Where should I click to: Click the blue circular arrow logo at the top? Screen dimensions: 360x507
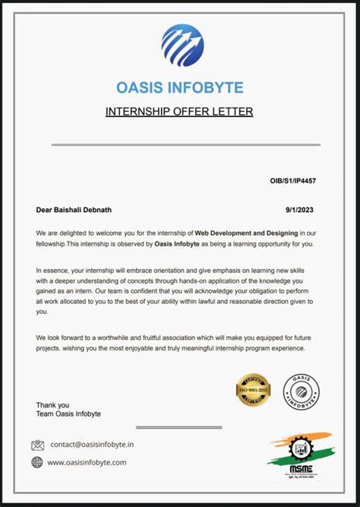182,45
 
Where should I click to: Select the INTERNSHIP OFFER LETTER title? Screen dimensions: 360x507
179,112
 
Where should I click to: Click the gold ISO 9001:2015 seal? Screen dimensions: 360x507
254,390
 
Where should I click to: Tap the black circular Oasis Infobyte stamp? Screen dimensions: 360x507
302,390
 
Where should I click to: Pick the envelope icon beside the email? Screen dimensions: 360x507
38,445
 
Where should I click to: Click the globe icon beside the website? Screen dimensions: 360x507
37,462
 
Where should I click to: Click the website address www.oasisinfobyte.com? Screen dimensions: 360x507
87,462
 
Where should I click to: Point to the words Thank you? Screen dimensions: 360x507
52,405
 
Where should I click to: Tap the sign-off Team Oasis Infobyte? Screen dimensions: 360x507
68,414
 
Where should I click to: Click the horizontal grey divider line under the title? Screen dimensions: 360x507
185,144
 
